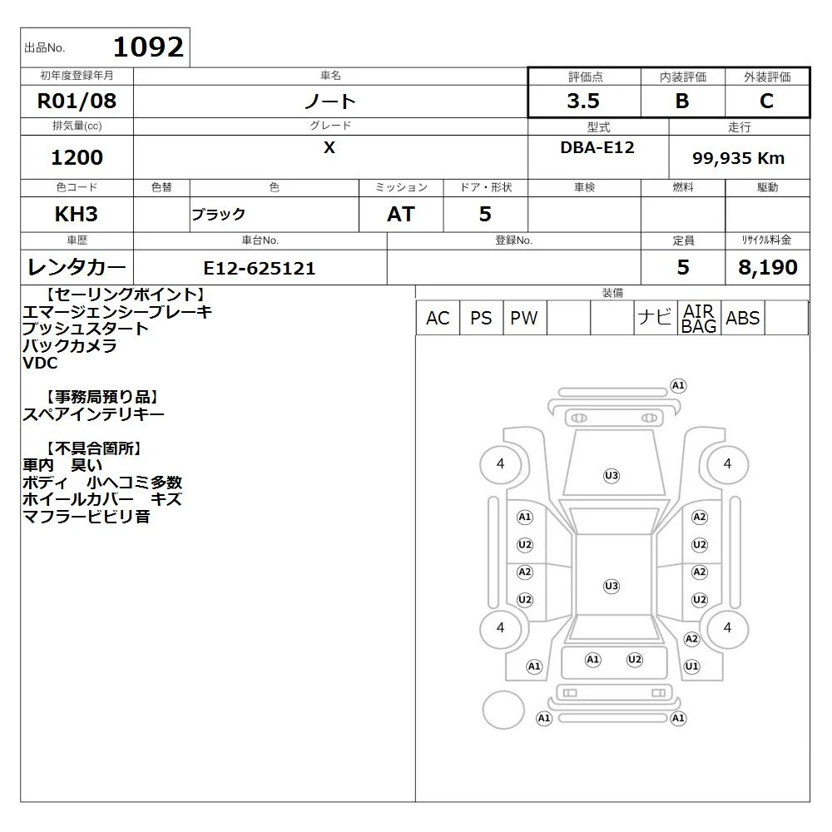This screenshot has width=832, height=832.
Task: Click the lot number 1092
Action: coord(148,47)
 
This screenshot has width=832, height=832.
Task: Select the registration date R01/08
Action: coord(77,101)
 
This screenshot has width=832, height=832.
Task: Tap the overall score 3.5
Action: coord(583,101)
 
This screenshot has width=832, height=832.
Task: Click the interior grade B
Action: coord(682,101)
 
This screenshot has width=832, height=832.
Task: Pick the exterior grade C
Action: coord(766,101)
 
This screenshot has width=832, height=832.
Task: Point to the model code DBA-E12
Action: coord(597,147)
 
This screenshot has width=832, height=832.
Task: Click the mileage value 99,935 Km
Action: coord(738,158)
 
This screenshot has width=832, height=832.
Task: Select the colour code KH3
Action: coord(77,215)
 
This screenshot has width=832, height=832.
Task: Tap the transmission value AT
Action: coord(401,215)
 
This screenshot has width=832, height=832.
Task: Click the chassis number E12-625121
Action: coord(260,269)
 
